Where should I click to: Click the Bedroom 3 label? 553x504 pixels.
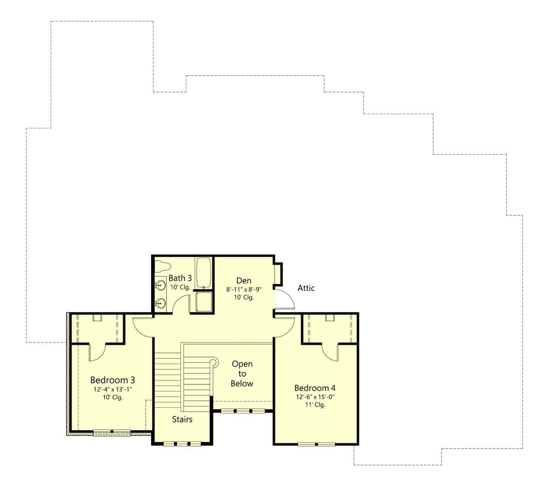coord(112,380)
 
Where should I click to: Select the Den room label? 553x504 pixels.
coord(244,281)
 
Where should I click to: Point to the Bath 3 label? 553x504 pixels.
coord(180,278)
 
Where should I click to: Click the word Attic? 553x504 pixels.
coord(306,288)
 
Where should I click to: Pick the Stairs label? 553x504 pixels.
coord(182,419)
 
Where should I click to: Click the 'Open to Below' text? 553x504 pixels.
coord(242,373)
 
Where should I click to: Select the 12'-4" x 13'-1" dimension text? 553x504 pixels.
coord(112,389)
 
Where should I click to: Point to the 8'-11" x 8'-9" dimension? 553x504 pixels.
coord(244,290)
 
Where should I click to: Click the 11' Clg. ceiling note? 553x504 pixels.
coord(316,405)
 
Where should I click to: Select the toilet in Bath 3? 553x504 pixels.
coord(163,266)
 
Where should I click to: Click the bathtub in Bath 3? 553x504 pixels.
coord(203,273)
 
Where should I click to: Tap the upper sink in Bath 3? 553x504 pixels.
coord(161,285)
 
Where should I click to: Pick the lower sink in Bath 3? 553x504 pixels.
coord(161,303)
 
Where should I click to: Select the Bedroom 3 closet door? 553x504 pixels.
coord(97,353)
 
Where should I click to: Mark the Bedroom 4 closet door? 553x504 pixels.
coord(330,353)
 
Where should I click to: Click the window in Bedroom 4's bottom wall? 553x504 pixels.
coord(316,444)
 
